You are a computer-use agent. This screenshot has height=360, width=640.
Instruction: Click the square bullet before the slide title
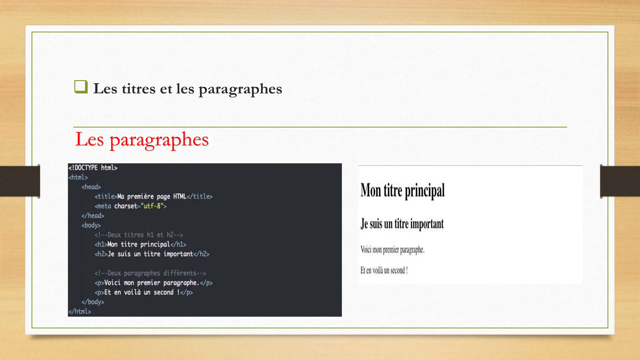(x=81, y=87)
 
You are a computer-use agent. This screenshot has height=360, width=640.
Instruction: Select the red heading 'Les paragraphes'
(x=142, y=139)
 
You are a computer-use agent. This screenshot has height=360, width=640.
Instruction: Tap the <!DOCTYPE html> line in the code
(x=93, y=168)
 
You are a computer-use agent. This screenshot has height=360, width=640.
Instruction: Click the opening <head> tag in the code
(x=91, y=187)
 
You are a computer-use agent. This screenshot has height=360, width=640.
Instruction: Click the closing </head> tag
(x=93, y=216)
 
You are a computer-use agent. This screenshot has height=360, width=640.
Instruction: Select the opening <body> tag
(x=91, y=225)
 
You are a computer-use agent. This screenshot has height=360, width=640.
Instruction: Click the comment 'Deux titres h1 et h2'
(x=139, y=235)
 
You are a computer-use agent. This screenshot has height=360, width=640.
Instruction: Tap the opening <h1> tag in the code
(x=101, y=244)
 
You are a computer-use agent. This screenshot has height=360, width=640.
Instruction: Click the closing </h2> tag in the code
(x=201, y=254)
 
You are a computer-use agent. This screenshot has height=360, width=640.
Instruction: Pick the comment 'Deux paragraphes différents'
(x=150, y=273)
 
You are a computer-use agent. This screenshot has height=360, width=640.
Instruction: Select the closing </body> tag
(x=93, y=302)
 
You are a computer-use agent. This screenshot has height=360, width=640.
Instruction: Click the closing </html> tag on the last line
(x=80, y=312)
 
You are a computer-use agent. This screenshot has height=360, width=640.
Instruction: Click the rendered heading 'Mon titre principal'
(x=402, y=190)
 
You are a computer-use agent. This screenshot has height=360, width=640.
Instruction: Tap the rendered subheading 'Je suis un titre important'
(x=402, y=224)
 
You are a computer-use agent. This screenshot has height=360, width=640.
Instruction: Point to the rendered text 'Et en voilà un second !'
(x=384, y=270)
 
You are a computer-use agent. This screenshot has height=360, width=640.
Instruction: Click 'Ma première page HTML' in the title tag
(x=152, y=197)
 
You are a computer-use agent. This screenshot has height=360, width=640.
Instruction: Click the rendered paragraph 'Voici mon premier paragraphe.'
(x=392, y=250)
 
